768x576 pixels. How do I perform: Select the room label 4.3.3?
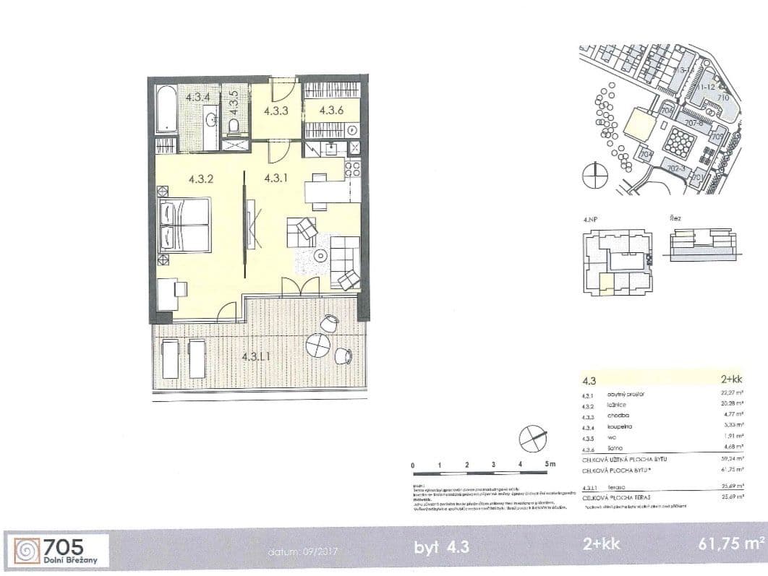(x=276, y=111)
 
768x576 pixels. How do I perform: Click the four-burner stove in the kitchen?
(x=352, y=170)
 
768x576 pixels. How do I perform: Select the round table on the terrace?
(x=318, y=346)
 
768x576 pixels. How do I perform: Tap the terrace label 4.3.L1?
(x=256, y=356)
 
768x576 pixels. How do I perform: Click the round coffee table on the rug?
(x=320, y=255)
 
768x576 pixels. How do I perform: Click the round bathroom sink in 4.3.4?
(x=210, y=119)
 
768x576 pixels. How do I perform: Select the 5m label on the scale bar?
(x=550, y=464)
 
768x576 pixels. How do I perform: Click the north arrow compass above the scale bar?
(x=531, y=437)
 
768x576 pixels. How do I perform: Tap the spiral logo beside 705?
(x=25, y=550)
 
